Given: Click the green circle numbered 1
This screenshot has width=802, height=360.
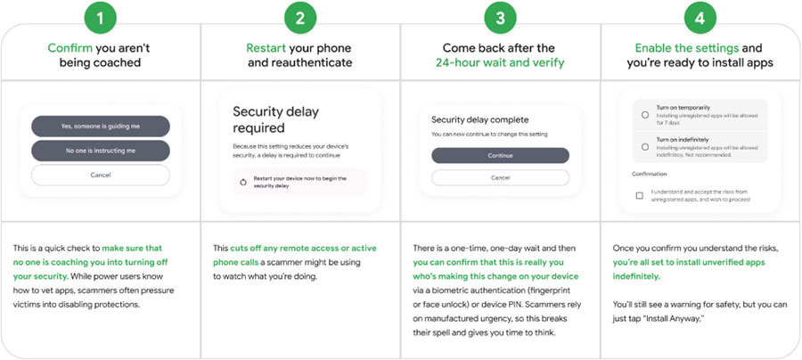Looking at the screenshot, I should (x=100, y=18).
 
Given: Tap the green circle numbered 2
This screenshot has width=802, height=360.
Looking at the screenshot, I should (x=300, y=18).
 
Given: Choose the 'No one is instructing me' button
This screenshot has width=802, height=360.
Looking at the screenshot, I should (x=100, y=151).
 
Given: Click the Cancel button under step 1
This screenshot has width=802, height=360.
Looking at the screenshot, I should (x=100, y=175).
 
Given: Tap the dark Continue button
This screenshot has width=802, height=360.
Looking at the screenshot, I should (x=499, y=154).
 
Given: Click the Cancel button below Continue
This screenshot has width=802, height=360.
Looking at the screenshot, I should (x=499, y=177).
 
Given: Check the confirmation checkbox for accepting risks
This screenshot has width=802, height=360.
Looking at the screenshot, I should (x=640, y=195).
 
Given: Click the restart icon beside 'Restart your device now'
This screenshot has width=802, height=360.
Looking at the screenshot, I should (x=243, y=182).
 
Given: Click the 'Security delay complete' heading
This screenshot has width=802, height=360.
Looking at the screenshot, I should (x=479, y=119).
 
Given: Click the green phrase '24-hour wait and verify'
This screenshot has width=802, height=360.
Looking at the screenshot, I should (x=499, y=63).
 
